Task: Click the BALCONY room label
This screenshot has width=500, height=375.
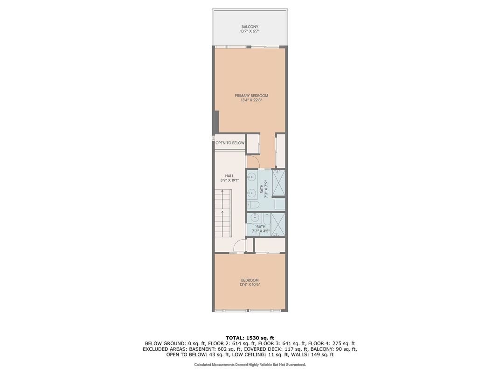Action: pos(250,27)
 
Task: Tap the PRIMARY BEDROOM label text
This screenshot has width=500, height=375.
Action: pos(251,96)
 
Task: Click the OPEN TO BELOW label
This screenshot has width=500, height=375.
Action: pos(230,143)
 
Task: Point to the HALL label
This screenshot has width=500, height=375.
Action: pos(229,176)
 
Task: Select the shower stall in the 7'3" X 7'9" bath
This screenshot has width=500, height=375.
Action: pos(278,183)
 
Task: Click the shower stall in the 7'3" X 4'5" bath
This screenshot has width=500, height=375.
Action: pos(278,224)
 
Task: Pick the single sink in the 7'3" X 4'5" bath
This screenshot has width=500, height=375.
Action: pos(255,218)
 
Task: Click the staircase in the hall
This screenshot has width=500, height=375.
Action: pos(222,213)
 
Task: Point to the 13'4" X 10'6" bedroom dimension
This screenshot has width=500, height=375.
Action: pos(250,285)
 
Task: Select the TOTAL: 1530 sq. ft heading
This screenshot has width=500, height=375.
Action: pos(250,338)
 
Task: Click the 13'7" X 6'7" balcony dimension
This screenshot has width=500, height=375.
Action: pos(250,31)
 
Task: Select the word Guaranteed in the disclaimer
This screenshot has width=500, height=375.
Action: pos(295,364)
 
